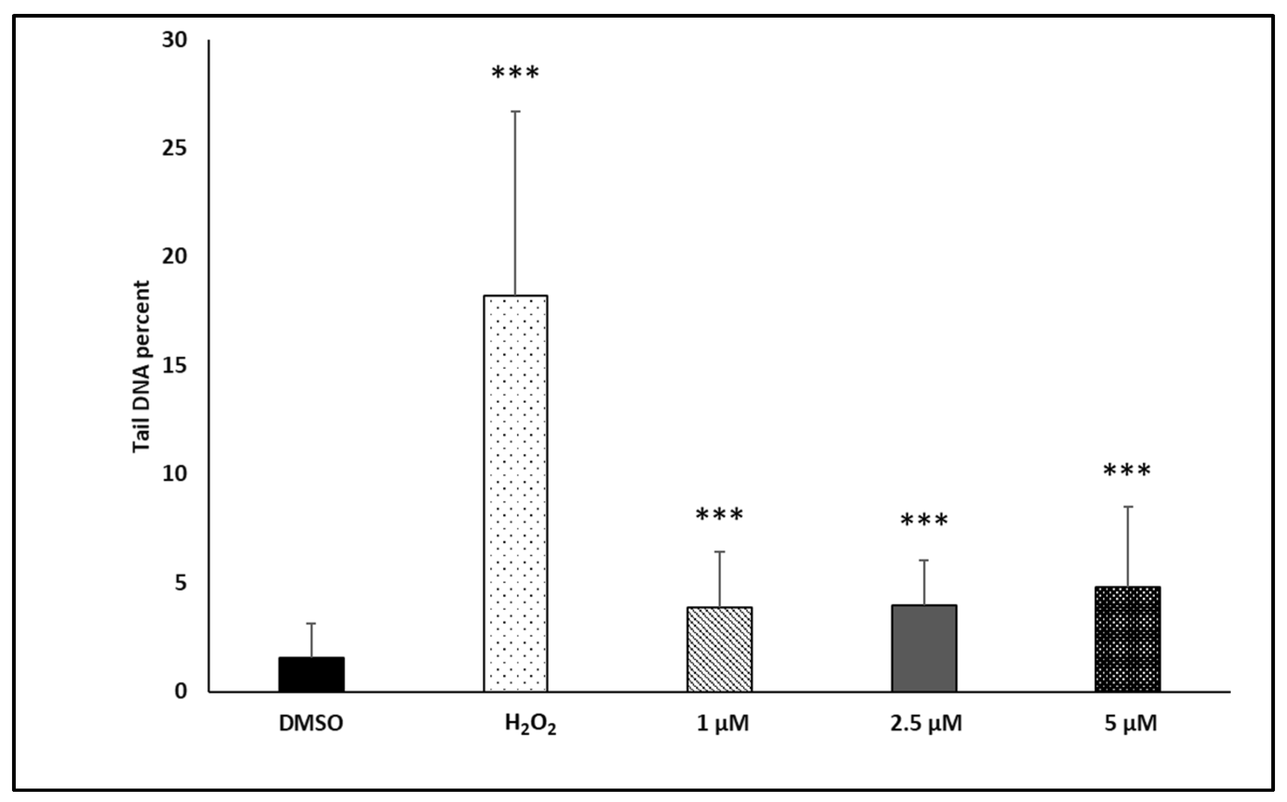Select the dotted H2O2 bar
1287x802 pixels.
pyautogui.click(x=515, y=493)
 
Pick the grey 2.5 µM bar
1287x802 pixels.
pyautogui.click(x=924, y=648)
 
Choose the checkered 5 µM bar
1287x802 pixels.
pyautogui.click(x=1128, y=639)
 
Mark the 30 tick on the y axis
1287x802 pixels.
pyautogui.click(x=175, y=40)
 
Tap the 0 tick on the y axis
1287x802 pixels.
pyautogui.click(x=181, y=691)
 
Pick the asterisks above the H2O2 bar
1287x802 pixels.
pyautogui.click(x=515, y=73)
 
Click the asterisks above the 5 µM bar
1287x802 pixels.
pyautogui.click(x=1127, y=471)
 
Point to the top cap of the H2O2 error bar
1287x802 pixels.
pyautogui.click(x=515, y=111)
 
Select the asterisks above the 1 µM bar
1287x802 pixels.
pyautogui.click(x=719, y=515)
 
